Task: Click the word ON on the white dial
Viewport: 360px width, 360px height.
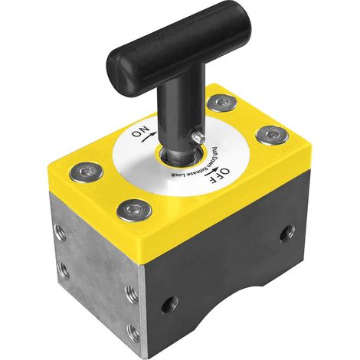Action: click(139, 131)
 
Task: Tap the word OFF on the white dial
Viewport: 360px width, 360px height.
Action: click(219, 176)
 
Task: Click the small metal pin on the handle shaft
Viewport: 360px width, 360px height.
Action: click(198, 138)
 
